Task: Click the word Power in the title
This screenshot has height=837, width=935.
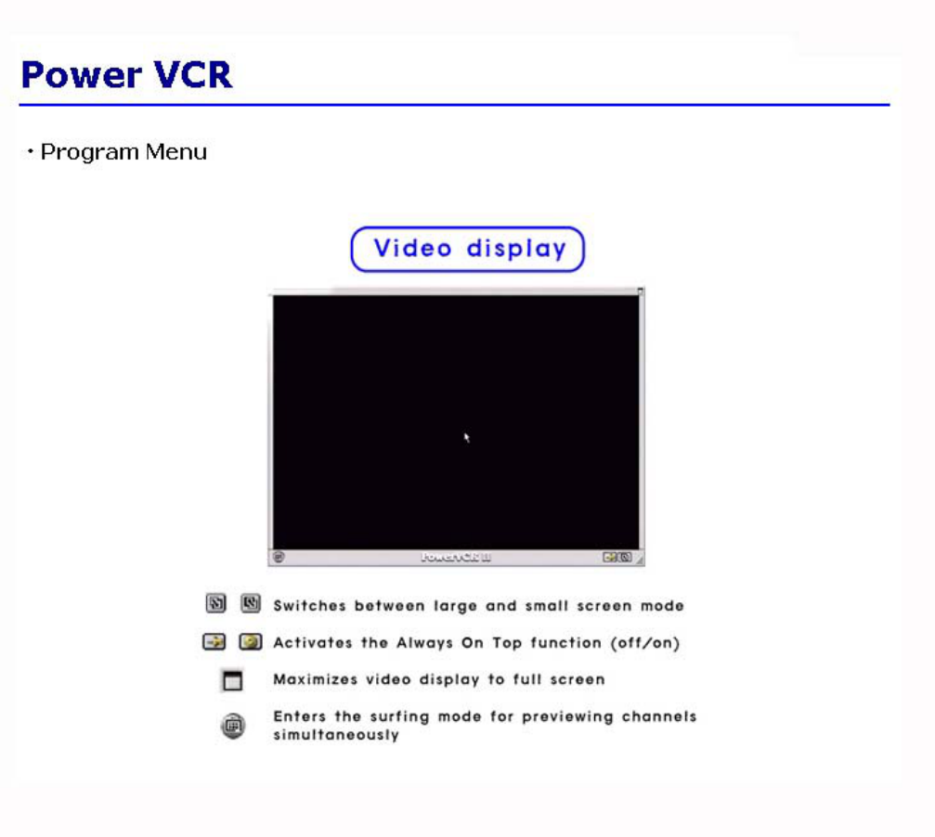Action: click(81, 74)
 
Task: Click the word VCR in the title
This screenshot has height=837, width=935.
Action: click(192, 74)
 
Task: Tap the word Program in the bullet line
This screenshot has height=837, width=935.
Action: click(90, 153)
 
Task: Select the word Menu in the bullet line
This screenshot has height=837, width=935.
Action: click(176, 152)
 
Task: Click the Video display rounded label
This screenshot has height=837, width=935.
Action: click(468, 249)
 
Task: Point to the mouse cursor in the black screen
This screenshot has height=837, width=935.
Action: click(466, 437)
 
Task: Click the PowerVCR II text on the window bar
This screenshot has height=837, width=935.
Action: click(456, 557)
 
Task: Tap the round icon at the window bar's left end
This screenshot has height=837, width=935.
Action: click(279, 557)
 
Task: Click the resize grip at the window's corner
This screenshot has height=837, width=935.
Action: click(639, 559)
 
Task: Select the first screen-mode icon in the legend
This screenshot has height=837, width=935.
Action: click(215, 603)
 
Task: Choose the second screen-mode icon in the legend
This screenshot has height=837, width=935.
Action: click(251, 603)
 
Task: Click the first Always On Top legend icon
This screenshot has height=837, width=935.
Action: click(214, 641)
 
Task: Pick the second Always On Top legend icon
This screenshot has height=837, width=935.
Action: click(251, 641)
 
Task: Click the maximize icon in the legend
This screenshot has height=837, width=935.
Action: click(232, 680)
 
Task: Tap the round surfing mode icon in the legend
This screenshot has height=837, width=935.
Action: click(233, 725)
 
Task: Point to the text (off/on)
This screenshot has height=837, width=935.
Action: click(645, 643)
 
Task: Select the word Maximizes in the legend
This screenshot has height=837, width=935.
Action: click(316, 680)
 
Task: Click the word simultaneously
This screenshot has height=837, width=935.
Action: click(336, 735)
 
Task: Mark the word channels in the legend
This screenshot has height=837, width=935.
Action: click(659, 716)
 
